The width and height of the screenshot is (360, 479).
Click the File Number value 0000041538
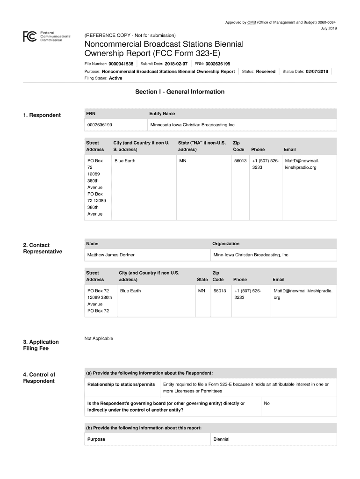point(121,64)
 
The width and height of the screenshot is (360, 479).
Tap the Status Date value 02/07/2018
point(317,72)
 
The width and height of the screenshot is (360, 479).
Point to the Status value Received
point(266,72)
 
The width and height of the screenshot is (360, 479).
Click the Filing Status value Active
point(115,78)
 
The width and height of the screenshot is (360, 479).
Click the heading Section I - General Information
point(180,92)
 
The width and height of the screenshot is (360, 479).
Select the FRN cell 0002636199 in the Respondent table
point(100,125)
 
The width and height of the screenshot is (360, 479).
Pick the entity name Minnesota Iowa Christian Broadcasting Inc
point(192,125)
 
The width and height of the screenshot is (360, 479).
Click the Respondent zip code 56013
point(240,161)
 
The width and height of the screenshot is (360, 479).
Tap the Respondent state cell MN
point(182,161)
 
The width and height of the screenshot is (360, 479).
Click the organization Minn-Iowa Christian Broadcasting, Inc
point(251,255)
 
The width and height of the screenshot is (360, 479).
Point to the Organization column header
point(226,244)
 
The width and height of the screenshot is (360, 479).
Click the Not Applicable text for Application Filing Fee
point(99,339)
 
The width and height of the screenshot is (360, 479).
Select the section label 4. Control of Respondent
point(39,377)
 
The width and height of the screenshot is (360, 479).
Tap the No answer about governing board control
point(266,403)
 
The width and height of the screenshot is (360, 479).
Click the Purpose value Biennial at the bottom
point(222,439)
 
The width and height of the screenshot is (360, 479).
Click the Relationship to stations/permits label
point(121,385)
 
